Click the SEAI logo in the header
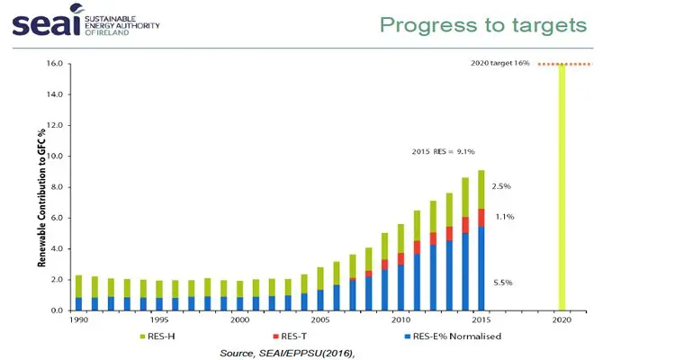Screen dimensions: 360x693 85,24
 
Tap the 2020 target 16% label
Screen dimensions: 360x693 500,64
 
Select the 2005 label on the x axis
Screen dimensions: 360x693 319,320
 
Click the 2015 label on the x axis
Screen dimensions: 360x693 481,320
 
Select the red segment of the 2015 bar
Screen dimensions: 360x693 481,217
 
